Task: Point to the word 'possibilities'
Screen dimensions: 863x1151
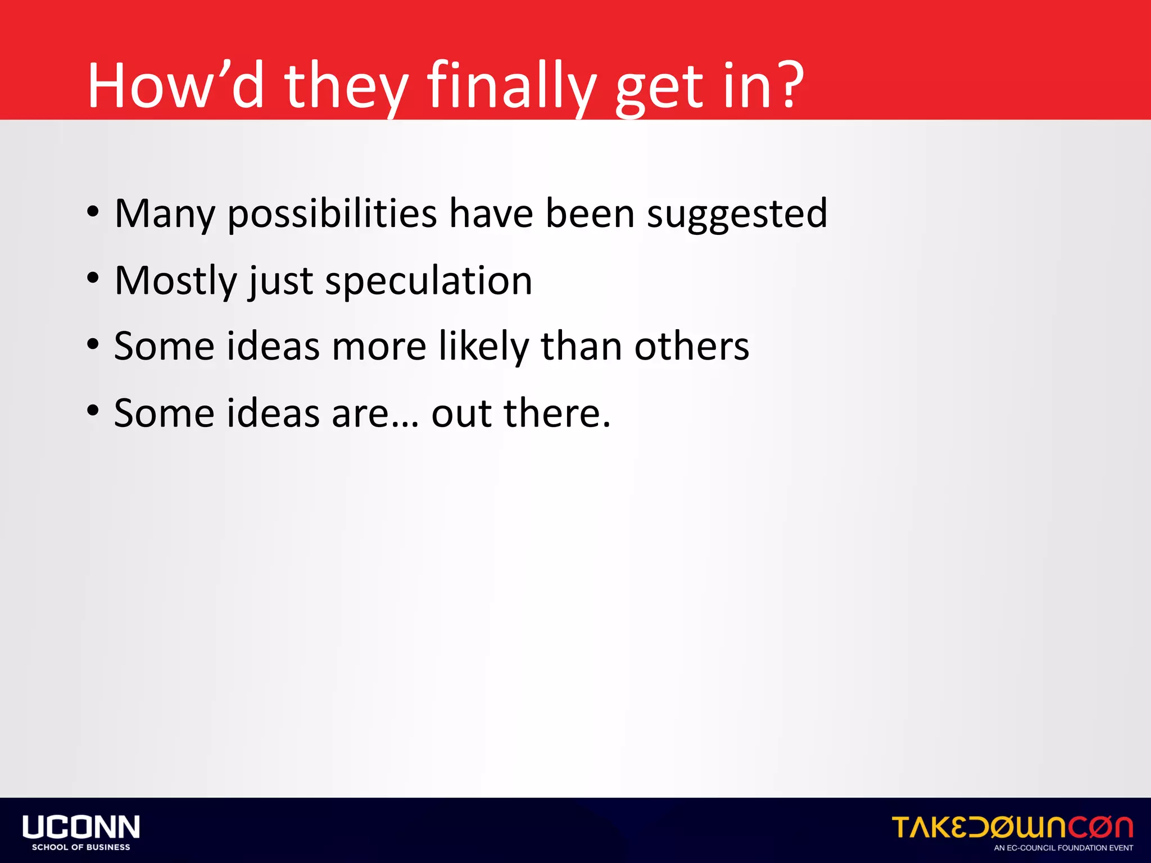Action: click(x=332, y=214)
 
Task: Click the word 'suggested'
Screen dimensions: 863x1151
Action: click(x=737, y=214)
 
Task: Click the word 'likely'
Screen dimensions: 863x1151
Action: click(x=483, y=346)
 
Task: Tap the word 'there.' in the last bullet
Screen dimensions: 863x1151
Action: click(x=556, y=413)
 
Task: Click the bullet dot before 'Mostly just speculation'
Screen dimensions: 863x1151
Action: click(x=93, y=278)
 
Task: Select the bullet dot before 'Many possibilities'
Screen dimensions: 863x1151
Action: click(x=93, y=212)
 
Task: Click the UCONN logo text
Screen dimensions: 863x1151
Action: click(x=81, y=827)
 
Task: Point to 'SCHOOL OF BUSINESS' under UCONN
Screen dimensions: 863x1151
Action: click(x=81, y=847)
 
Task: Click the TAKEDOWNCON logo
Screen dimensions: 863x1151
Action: click(x=1012, y=827)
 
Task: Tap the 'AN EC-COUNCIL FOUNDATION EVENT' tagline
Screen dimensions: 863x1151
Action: click(x=1063, y=848)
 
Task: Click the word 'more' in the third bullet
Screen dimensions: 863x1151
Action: click(x=379, y=346)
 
